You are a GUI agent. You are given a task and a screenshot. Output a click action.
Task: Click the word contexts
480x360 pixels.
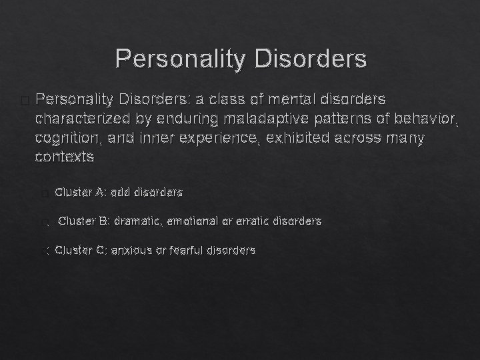coord(64,158)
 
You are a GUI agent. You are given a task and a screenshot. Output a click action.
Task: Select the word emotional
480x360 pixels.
coord(193,221)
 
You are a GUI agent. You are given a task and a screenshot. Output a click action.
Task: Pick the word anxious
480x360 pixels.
coord(131,251)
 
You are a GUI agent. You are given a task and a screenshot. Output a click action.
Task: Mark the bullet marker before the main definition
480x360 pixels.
coord(25,101)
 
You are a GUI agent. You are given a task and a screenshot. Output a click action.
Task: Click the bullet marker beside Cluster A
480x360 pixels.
coord(44,194)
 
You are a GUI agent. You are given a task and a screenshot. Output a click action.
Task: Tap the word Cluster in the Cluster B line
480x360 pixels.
coord(76,221)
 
